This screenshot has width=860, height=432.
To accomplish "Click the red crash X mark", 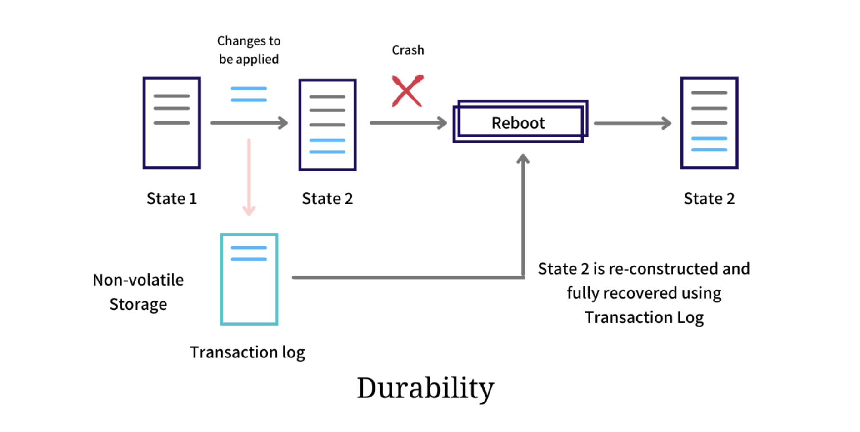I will click(407, 91).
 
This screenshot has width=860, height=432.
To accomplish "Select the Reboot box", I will click(519, 122).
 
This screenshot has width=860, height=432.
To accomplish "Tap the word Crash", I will click(408, 50).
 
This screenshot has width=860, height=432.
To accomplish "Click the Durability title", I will click(425, 388).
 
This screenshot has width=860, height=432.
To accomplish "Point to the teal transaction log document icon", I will click(249, 279).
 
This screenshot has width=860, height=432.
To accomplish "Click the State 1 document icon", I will click(172, 123).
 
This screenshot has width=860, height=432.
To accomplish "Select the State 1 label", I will click(172, 199).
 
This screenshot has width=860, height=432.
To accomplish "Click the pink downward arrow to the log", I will click(249, 177).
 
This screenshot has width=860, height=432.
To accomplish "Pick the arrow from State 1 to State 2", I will click(249, 123).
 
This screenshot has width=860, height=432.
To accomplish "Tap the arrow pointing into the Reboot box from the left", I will click(408, 123).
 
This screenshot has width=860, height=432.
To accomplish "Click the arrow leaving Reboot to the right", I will click(632, 123).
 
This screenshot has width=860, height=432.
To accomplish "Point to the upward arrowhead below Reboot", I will click(523, 159).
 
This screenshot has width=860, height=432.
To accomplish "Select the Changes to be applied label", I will click(249, 50).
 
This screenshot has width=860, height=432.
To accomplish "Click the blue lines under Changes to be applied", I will click(249, 94).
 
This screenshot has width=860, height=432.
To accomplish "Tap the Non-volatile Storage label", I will click(138, 292).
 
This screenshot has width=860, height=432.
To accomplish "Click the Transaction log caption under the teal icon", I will click(247, 352).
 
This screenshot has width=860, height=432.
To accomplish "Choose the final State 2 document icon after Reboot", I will click(709, 123).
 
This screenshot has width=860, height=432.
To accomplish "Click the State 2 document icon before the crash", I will click(327, 125).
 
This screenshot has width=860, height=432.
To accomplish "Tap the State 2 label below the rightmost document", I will click(709, 199).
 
